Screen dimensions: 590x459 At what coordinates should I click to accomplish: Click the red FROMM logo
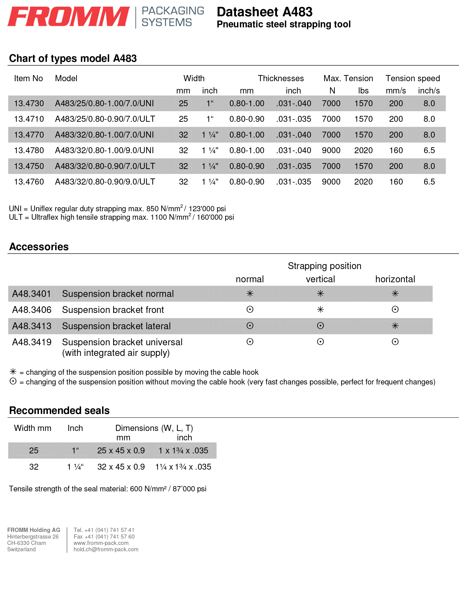tap(69, 17)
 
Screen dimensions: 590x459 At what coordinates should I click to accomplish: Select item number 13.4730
tap(29, 103)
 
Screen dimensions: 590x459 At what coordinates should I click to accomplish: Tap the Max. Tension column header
tap(348, 78)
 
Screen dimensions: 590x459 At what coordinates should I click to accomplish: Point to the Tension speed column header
tap(413, 78)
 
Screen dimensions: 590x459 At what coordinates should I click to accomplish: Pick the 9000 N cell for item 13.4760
tap(331, 181)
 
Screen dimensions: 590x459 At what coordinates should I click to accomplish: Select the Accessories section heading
tap(39, 247)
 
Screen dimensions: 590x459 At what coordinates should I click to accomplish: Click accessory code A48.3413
tap(32, 326)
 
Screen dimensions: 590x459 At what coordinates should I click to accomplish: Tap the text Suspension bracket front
tap(113, 310)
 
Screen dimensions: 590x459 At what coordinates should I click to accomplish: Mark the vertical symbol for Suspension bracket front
tap(320, 310)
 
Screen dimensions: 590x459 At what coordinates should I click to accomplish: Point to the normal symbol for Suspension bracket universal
tap(250, 342)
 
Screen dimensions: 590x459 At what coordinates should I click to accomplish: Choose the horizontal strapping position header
tap(395, 279)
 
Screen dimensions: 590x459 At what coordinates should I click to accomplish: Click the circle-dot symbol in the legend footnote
tap(13, 381)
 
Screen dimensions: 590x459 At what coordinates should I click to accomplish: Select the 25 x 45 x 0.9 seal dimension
tap(121, 450)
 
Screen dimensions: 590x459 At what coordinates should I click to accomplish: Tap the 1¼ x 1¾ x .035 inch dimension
tap(183, 467)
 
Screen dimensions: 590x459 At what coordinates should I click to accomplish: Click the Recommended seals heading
tap(59, 410)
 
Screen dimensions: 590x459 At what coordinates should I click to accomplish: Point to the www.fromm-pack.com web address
tap(101, 543)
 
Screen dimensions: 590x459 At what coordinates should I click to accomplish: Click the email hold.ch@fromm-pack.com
tap(106, 549)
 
